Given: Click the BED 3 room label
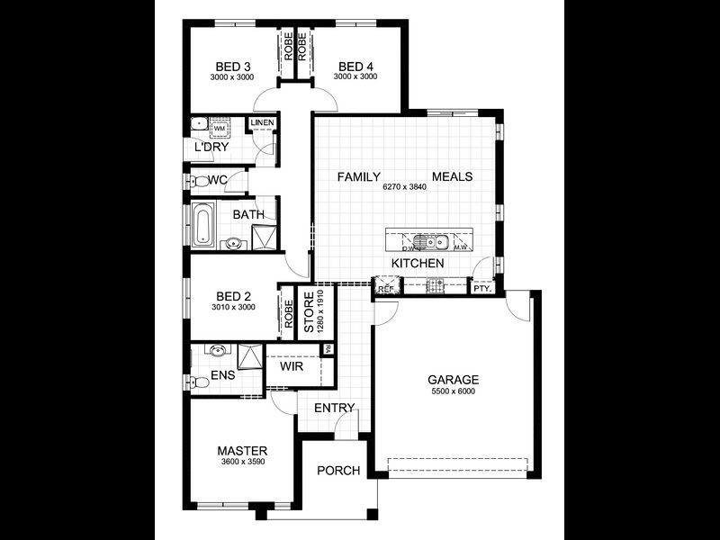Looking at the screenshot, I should click(x=232, y=66).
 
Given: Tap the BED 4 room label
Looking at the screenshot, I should click(x=355, y=66).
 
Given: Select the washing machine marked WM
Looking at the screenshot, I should click(x=219, y=129).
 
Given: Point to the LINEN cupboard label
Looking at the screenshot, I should click(x=262, y=122).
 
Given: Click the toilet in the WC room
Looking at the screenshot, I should click(x=194, y=180).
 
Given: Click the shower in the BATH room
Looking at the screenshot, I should click(x=264, y=236).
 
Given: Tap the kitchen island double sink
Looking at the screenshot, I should click(x=435, y=241).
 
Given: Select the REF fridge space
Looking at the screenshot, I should click(x=386, y=287).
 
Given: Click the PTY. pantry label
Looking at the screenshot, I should click(x=481, y=289).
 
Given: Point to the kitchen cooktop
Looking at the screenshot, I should click(x=435, y=286).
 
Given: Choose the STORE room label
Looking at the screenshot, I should click(x=308, y=314).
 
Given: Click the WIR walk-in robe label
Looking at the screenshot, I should click(x=291, y=367).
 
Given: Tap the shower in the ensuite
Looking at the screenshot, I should click(x=247, y=357).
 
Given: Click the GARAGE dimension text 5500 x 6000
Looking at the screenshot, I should click(x=452, y=391).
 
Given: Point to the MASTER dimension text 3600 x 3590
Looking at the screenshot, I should click(x=242, y=462).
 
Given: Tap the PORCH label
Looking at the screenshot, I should click(x=338, y=471).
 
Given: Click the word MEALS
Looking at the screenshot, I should click(x=452, y=176).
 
